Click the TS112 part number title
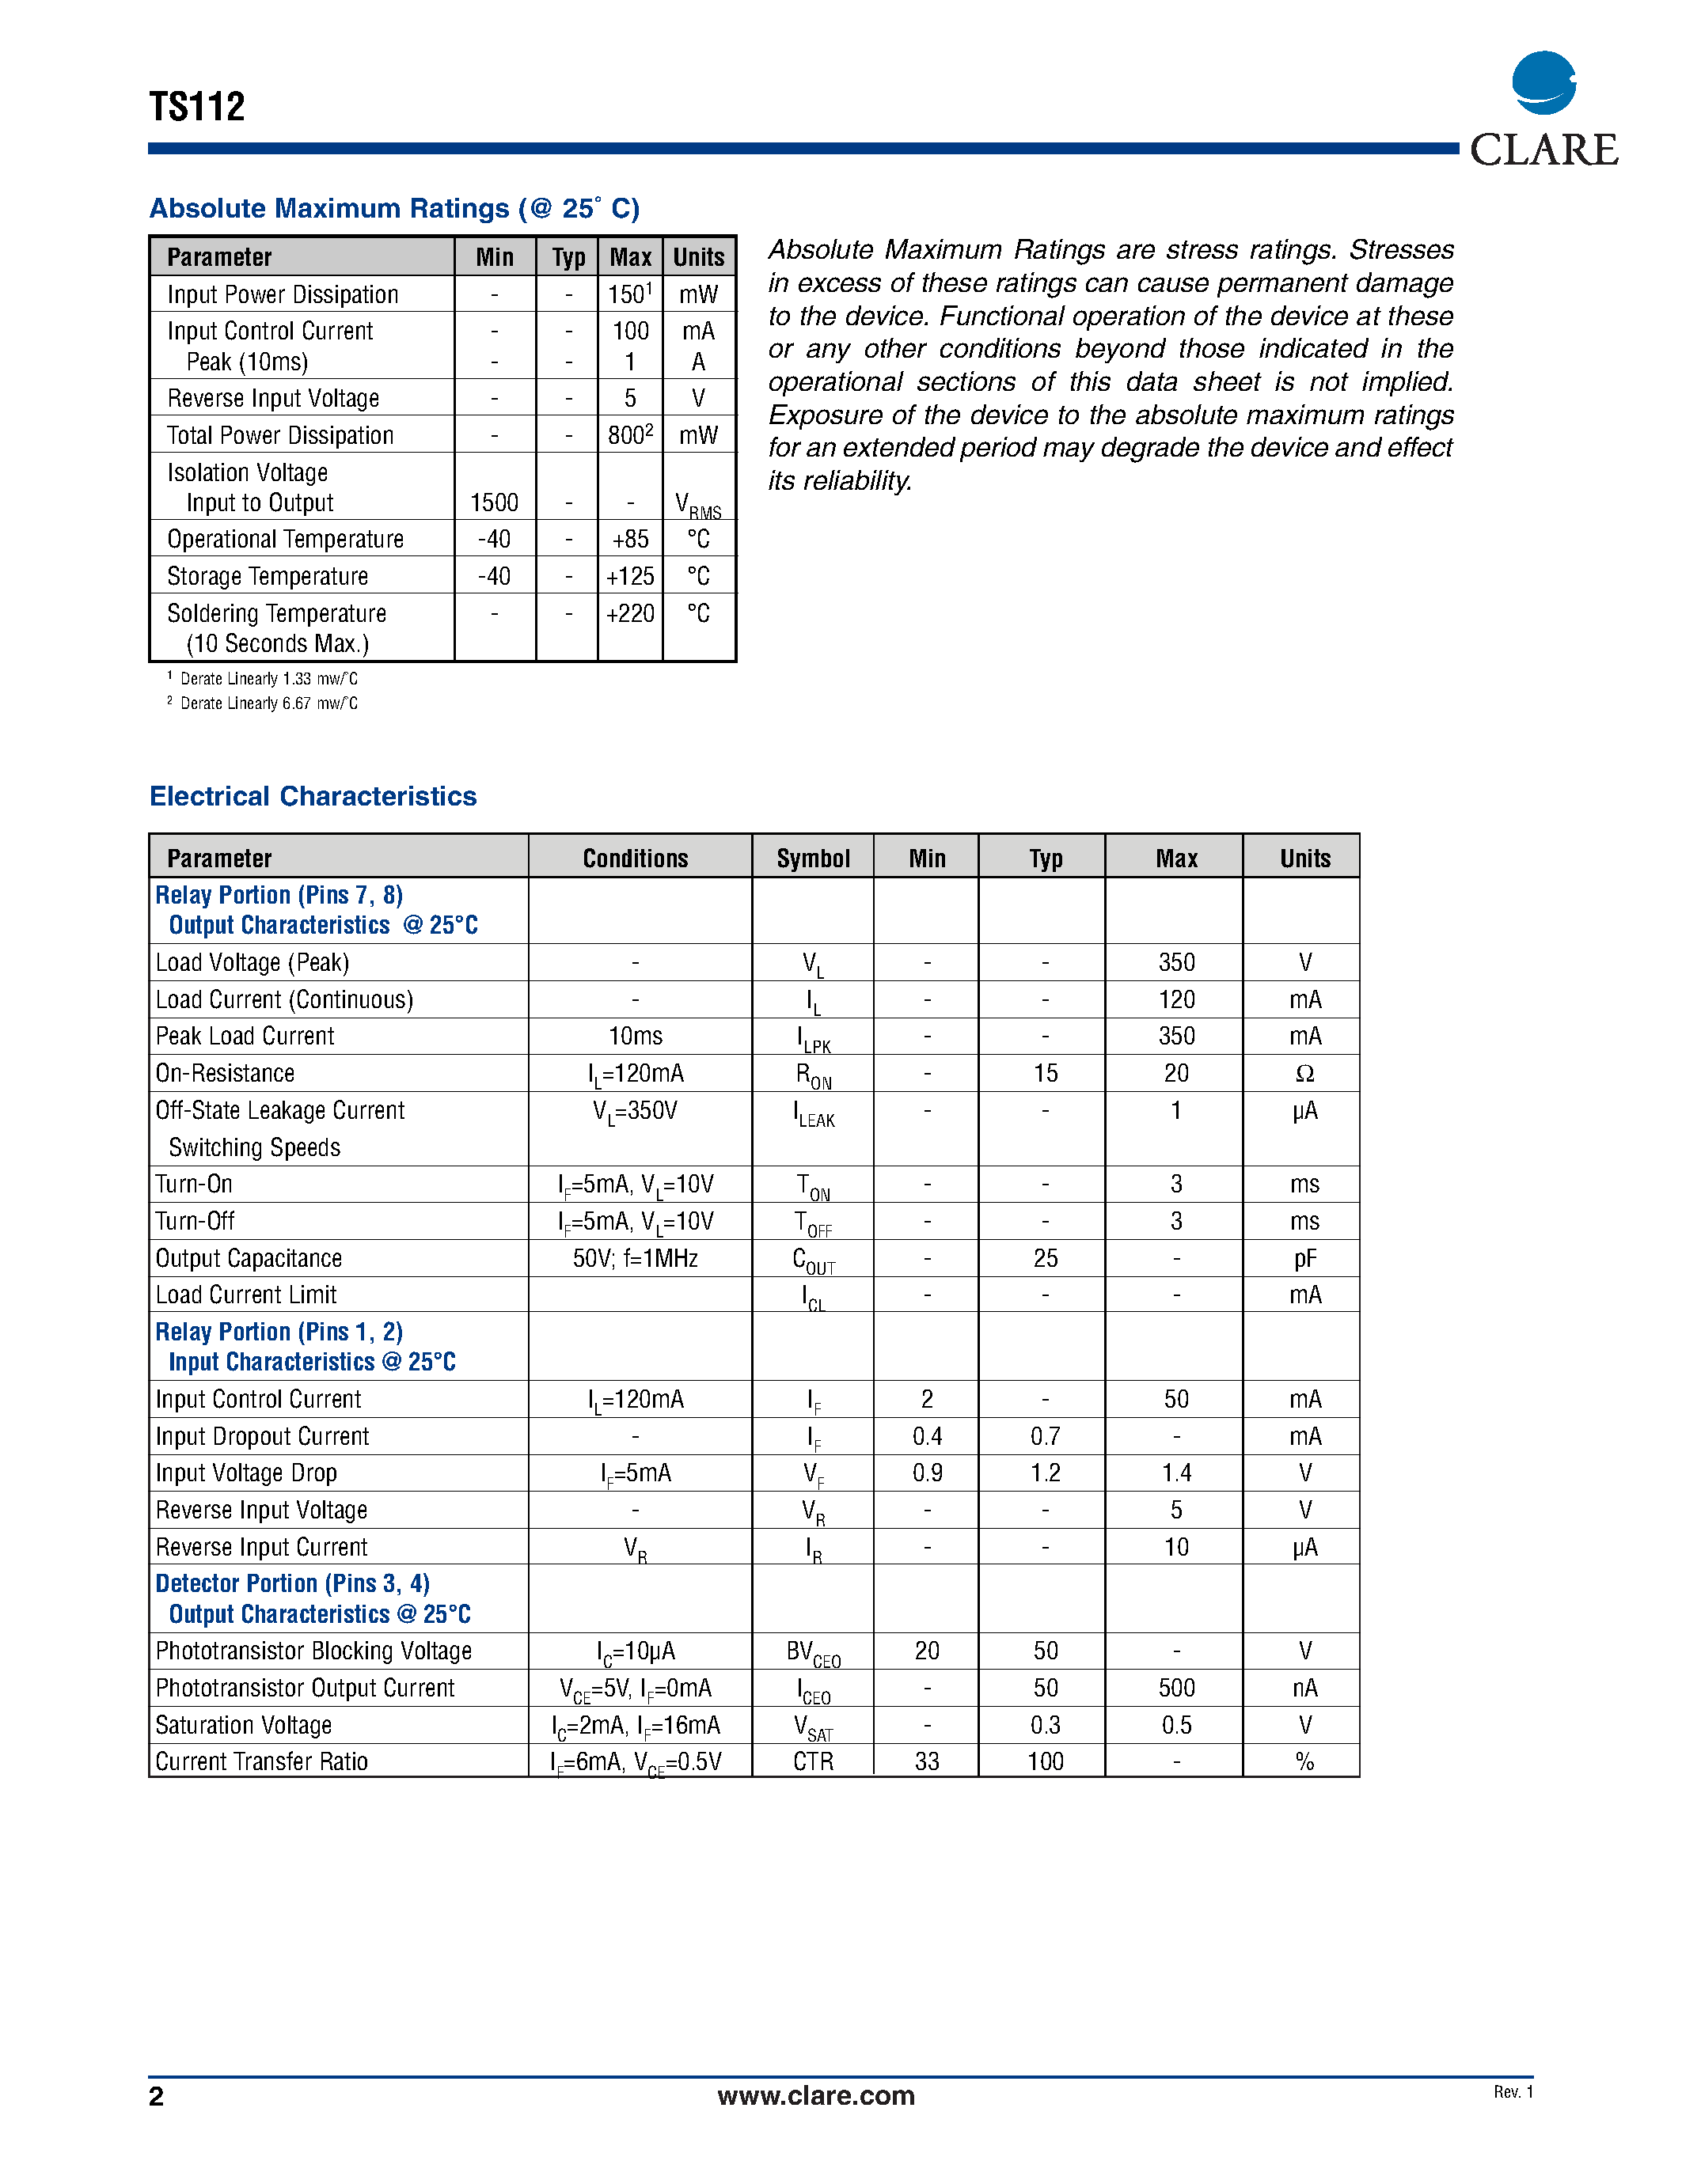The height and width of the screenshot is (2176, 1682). (x=196, y=107)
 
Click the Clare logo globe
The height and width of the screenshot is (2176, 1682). (x=1543, y=83)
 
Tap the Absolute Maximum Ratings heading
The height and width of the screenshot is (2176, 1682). (x=393, y=208)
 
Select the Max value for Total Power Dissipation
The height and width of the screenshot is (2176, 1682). (x=630, y=434)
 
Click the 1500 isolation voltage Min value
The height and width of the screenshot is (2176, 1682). (x=494, y=502)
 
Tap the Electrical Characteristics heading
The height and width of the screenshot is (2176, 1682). (x=313, y=796)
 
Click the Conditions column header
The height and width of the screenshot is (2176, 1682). (x=635, y=858)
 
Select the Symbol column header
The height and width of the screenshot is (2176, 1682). (x=813, y=858)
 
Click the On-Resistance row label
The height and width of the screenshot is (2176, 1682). (x=226, y=1073)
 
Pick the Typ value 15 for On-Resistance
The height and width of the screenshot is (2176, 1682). (x=1046, y=1073)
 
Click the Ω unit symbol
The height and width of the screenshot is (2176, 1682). (x=1304, y=1073)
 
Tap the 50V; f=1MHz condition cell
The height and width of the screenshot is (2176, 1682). (x=635, y=1258)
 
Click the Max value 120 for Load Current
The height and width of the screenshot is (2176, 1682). (x=1175, y=999)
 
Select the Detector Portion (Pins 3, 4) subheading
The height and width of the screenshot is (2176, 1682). (x=292, y=1583)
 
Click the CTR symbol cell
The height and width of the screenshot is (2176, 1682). (x=813, y=1761)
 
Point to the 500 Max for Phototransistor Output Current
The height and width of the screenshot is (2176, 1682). (x=1175, y=1688)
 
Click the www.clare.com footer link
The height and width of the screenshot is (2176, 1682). (x=815, y=2095)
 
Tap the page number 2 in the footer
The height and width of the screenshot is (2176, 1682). (x=157, y=2096)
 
